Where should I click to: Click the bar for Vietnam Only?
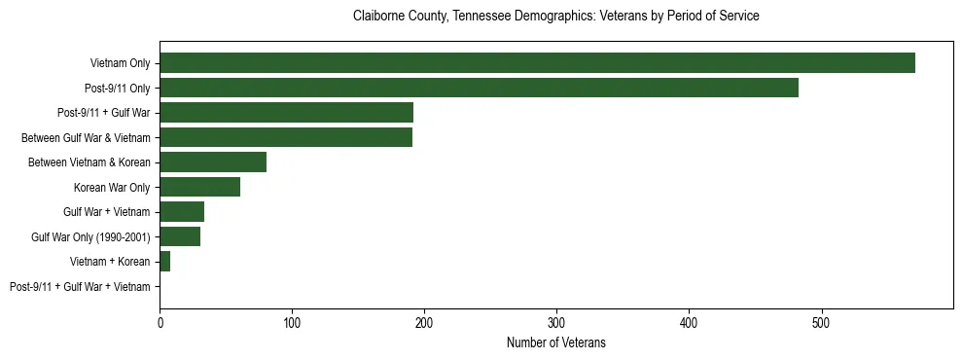tap(537, 63)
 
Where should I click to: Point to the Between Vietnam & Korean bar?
tap(213, 162)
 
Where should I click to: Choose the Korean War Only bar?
tap(199, 187)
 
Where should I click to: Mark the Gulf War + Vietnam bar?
tap(182, 212)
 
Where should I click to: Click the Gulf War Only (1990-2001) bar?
tap(180, 236)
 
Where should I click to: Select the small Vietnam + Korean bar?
tap(165, 262)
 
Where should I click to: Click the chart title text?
tap(555, 17)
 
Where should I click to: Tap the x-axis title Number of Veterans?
tap(555, 342)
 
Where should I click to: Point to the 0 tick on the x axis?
tap(160, 320)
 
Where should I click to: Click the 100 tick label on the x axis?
tap(292, 320)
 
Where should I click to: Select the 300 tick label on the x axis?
tap(556, 320)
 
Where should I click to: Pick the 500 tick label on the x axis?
tap(821, 320)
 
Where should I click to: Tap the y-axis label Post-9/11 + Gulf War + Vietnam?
tap(80, 287)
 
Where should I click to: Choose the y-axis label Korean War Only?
tap(112, 187)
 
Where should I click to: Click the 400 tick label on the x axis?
tap(689, 320)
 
